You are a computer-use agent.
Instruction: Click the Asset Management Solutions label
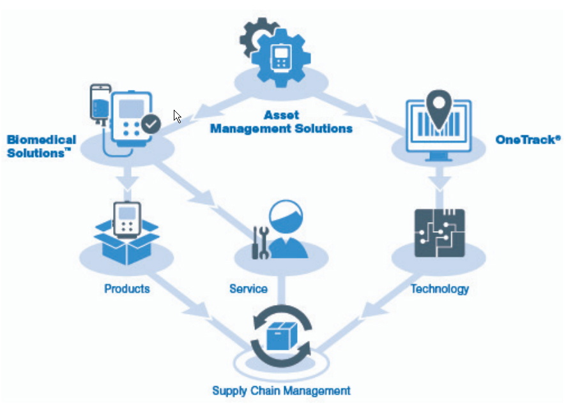click(x=281, y=122)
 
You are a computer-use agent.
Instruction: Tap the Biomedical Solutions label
click(x=42, y=146)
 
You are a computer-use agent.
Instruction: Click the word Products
click(x=126, y=288)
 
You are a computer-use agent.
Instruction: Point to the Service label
click(x=248, y=288)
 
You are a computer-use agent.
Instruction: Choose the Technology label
click(x=440, y=288)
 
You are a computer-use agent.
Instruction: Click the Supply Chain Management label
click(x=281, y=390)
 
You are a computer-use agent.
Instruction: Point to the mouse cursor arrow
click(x=177, y=116)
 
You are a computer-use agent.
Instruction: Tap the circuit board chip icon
click(x=440, y=232)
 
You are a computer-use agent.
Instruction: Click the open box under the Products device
click(x=126, y=246)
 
